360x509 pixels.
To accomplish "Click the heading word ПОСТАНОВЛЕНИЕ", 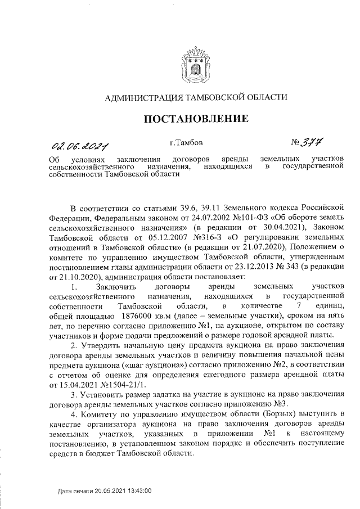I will [196, 119].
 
